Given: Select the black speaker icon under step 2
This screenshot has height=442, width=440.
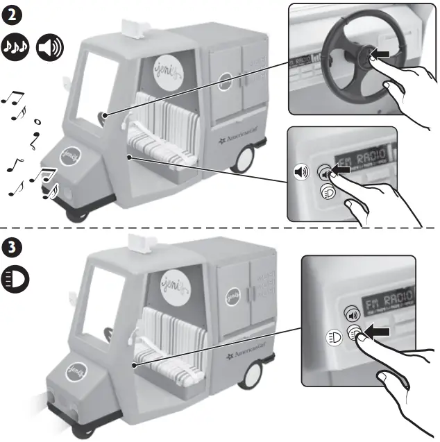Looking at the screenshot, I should click(x=49, y=46).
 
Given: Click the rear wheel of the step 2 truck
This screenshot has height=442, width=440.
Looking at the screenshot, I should click(x=242, y=162).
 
